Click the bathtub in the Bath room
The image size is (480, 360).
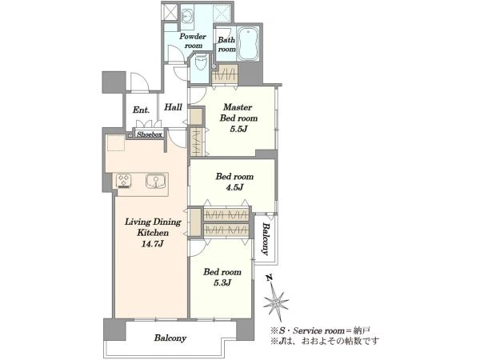pyautogui.click(x=249, y=44)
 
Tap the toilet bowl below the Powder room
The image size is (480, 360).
pyautogui.click(x=202, y=62)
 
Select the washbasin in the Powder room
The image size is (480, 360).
pyautogui.click(x=186, y=14)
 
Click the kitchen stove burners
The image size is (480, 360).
pyautogui.click(x=124, y=180)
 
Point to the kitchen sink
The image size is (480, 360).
pyautogui.click(x=156, y=180)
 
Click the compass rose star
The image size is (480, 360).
pyautogui.click(x=276, y=303)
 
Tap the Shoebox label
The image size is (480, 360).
pyautogui.click(x=149, y=134)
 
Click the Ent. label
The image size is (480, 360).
pyautogui.click(x=141, y=110)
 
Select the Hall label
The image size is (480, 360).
pyautogui.click(x=173, y=107)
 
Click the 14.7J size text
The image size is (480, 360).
pyautogui.click(x=153, y=244)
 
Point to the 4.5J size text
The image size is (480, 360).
pyautogui.click(x=234, y=187)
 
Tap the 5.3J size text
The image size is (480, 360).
pyautogui.click(x=222, y=282)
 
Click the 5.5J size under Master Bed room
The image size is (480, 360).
pyautogui.click(x=238, y=129)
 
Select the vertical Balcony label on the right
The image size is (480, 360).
pyautogui.click(x=265, y=239)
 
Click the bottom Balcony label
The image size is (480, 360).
pyautogui.click(x=170, y=338)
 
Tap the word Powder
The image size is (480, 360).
pyautogui.click(x=193, y=37)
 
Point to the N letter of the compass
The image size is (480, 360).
pyautogui.click(x=269, y=278)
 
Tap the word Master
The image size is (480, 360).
pyautogui.click(x=238, y=107)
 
